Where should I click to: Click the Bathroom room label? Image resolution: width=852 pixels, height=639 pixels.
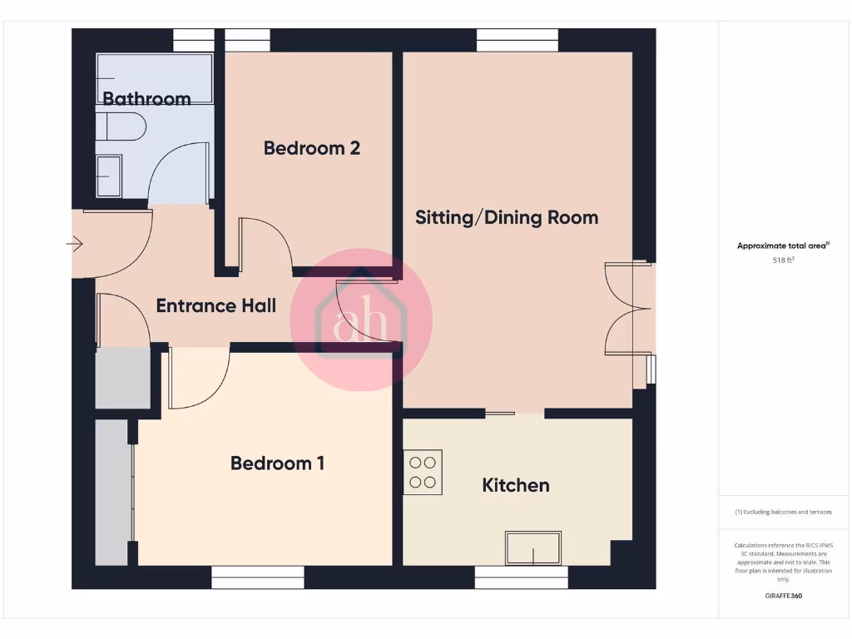146,99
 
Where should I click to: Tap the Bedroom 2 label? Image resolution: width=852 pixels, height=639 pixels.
311,148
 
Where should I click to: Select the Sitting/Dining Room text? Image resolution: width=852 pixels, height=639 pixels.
507,218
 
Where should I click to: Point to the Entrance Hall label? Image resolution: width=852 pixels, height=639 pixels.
216,306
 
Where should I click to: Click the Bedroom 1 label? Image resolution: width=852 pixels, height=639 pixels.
277,463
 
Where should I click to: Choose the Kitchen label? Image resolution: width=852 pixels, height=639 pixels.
516,485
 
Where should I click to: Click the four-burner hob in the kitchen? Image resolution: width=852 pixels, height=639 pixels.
423,472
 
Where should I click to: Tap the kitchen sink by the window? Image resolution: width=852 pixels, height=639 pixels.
533,548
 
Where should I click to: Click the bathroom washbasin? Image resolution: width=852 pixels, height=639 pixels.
108,176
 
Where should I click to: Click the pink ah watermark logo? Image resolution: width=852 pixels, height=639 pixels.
361,319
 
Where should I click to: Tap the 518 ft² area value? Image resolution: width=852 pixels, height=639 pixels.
783,260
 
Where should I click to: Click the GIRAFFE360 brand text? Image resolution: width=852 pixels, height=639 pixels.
783,596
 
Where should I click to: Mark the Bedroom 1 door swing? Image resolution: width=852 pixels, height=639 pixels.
198,379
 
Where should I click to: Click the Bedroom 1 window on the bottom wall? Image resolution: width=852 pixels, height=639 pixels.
257,577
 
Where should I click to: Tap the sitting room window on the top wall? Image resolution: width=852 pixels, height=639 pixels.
517,40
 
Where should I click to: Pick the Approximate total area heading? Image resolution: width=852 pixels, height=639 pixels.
783,245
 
